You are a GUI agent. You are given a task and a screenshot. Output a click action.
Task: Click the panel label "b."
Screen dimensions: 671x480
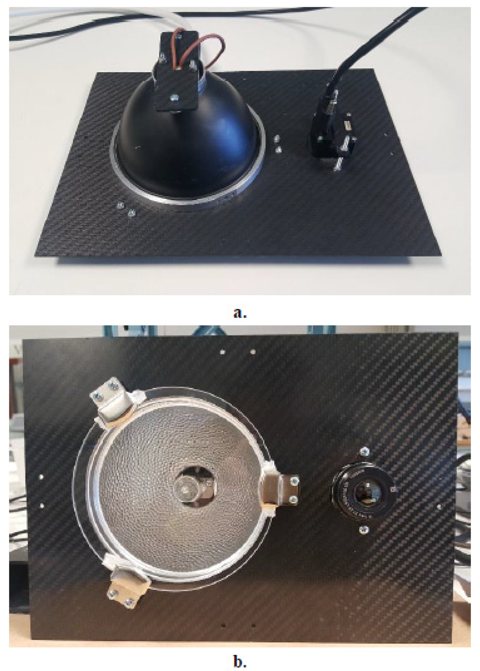[x=240, y=653]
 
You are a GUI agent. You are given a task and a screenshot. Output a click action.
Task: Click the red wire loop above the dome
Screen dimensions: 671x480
[x=204, y=48]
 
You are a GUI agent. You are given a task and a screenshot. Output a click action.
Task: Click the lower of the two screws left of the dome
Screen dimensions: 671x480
[x=130, y=213]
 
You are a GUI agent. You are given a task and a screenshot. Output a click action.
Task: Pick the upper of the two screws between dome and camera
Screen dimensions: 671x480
[x=277, y=138]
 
